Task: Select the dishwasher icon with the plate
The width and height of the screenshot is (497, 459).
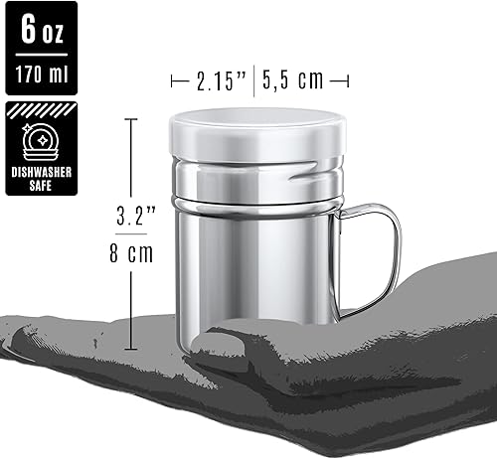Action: [x=35, y=131]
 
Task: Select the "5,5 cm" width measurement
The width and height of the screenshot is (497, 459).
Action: [x=297, y=78]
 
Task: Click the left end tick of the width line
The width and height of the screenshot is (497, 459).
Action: [x=173, y=78]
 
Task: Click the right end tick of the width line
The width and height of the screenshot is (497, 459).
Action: [x=348, y=78]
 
